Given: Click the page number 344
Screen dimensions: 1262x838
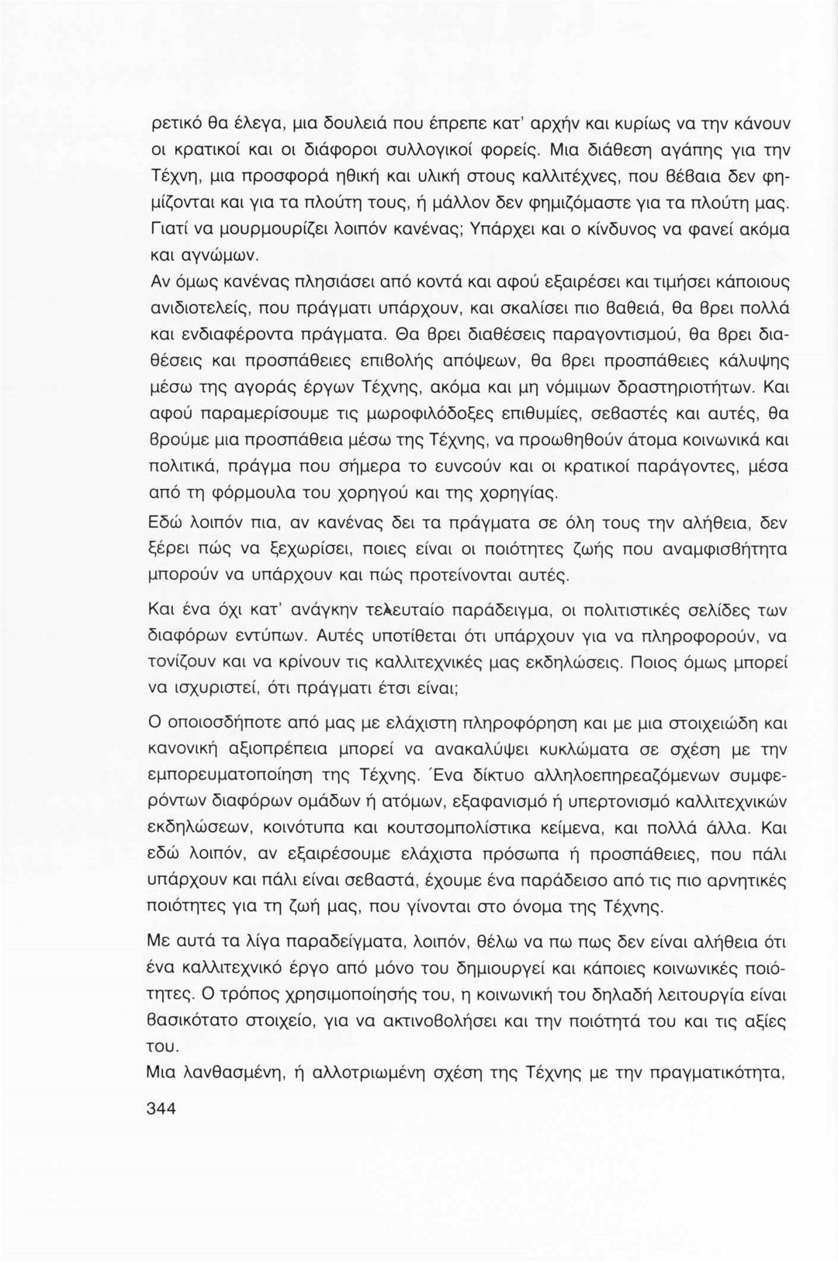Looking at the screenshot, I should point(161,1108).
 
